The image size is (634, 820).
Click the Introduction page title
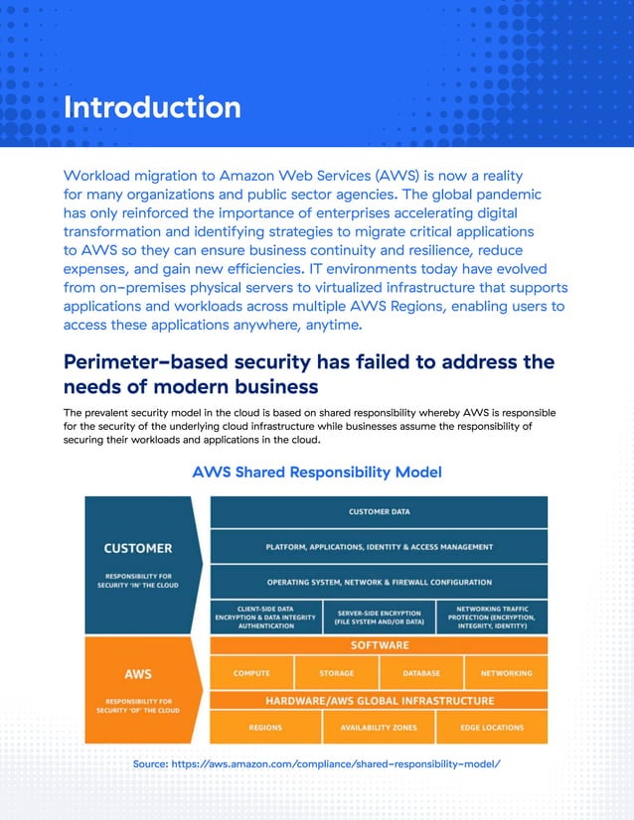[151, 107]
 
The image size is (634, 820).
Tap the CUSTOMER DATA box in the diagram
[379, 512]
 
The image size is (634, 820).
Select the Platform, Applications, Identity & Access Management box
[379, 546]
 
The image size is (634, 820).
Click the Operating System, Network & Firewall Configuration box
[379, 582]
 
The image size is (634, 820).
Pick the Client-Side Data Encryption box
[265, 616]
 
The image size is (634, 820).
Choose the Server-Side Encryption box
[380, 616]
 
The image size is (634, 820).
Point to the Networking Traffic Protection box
[494, 616]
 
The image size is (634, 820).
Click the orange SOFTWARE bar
[379, 645]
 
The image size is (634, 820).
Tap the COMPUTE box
[251, 673]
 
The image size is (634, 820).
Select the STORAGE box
[336, 673]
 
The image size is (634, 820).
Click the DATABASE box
[421, 673]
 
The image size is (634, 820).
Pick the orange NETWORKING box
[506, 673]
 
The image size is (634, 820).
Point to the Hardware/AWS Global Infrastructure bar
[379, 701]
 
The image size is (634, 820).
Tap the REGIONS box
[265, 728]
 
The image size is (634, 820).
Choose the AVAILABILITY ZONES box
[380, 728]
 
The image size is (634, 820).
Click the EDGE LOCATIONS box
[492, 728]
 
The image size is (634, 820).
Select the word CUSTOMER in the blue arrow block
[138, 547]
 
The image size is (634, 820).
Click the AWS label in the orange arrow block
[138, 673]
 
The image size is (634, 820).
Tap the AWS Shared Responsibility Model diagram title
[316, 472]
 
